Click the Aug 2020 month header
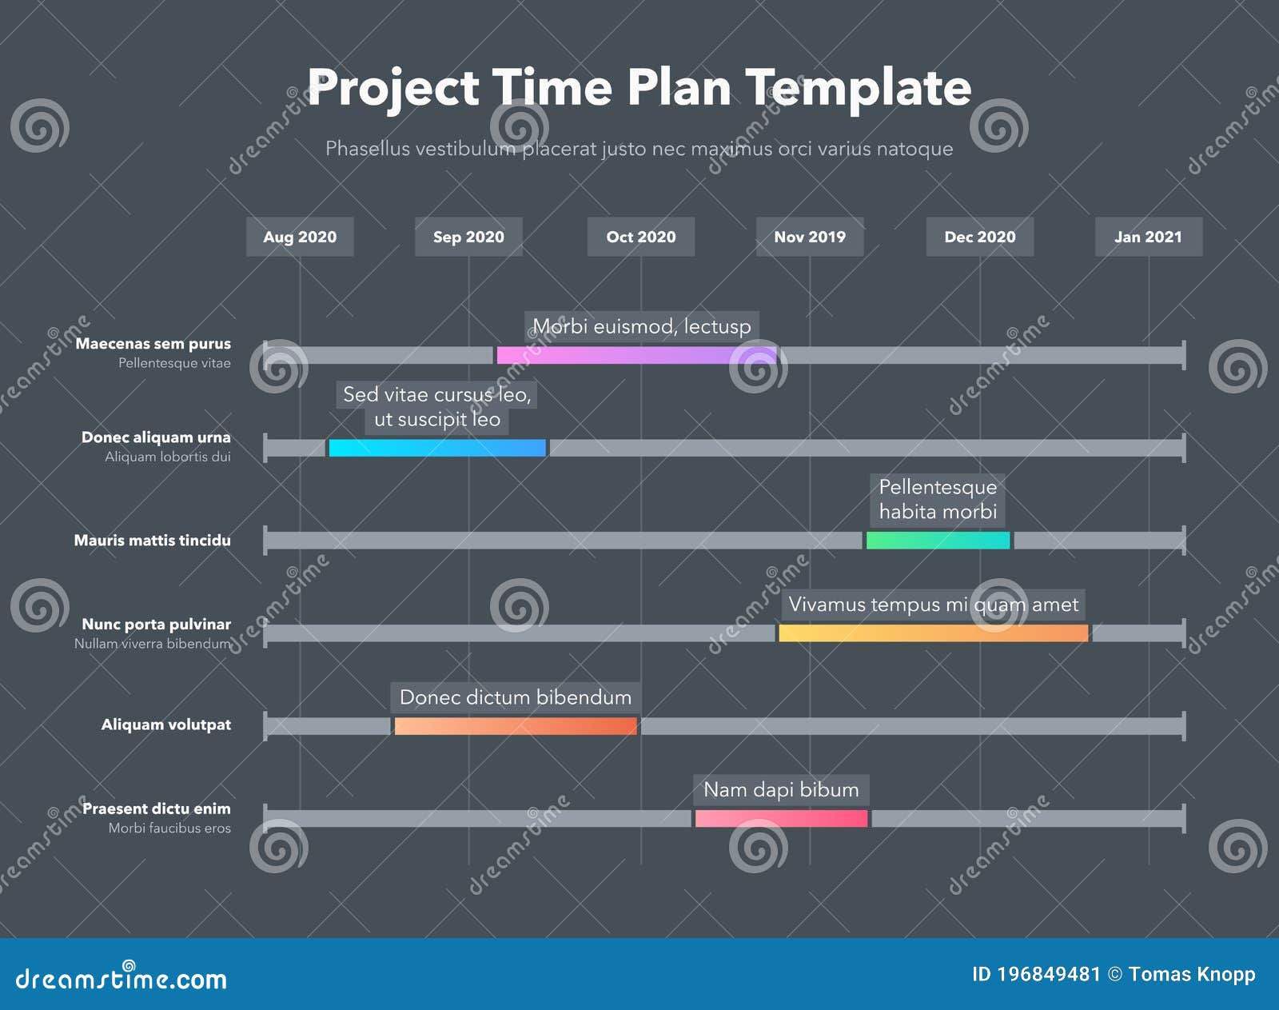(x=300, y=237)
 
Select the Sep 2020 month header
(x=468, y=237)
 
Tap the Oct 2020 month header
(x=640, y=237)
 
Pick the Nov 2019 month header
(x=810, y=237)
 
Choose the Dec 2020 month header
(x=979, y=237)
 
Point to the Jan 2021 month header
(x=1148, y=237)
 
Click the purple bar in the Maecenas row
(x=636, y=355)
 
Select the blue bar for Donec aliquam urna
(x=437, y=448)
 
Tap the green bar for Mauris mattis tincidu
(x=938, y=541)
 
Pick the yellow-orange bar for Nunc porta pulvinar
(x=933, y=633)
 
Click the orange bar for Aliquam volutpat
(x=516, y=726)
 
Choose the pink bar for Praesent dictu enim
(x=781, y=819)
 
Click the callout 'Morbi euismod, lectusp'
(x=642, y=326)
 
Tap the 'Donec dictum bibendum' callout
(x=516, y=697)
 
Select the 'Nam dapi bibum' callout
(x=781, y=790)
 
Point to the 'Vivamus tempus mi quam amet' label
(x=933, y=605)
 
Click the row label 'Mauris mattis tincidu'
(x=152, y=541)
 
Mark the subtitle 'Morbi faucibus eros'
(x=169, y=828)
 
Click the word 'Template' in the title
(x=858, y=88)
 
